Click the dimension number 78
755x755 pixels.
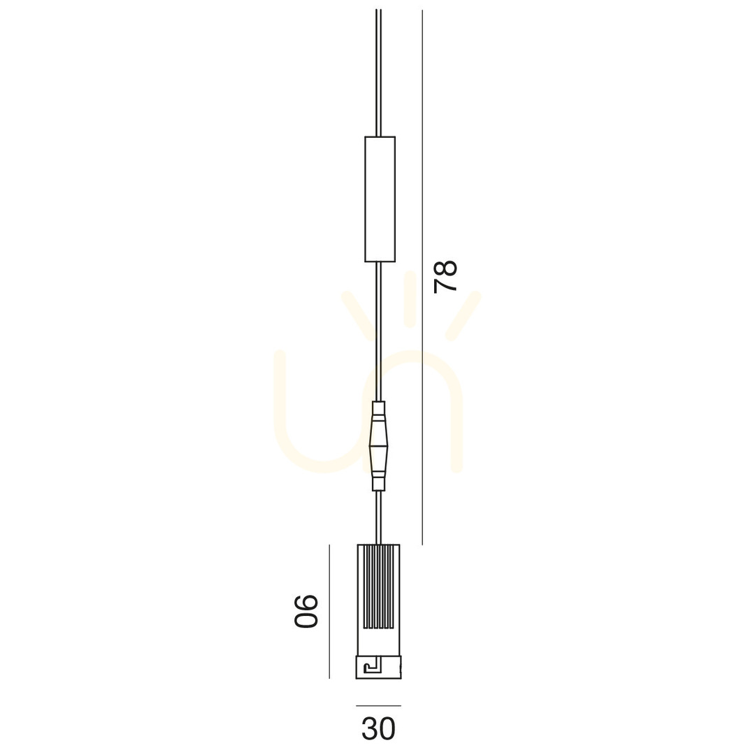(445, 276)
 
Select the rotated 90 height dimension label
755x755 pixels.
(306, 611)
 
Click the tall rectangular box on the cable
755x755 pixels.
(380, 199)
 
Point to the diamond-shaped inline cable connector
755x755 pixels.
(378, 446)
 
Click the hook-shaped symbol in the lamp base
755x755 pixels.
(372, 667)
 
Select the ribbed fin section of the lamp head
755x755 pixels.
(378, 587)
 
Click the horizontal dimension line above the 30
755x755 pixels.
(378, 706)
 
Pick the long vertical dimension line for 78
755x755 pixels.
(422, 278)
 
